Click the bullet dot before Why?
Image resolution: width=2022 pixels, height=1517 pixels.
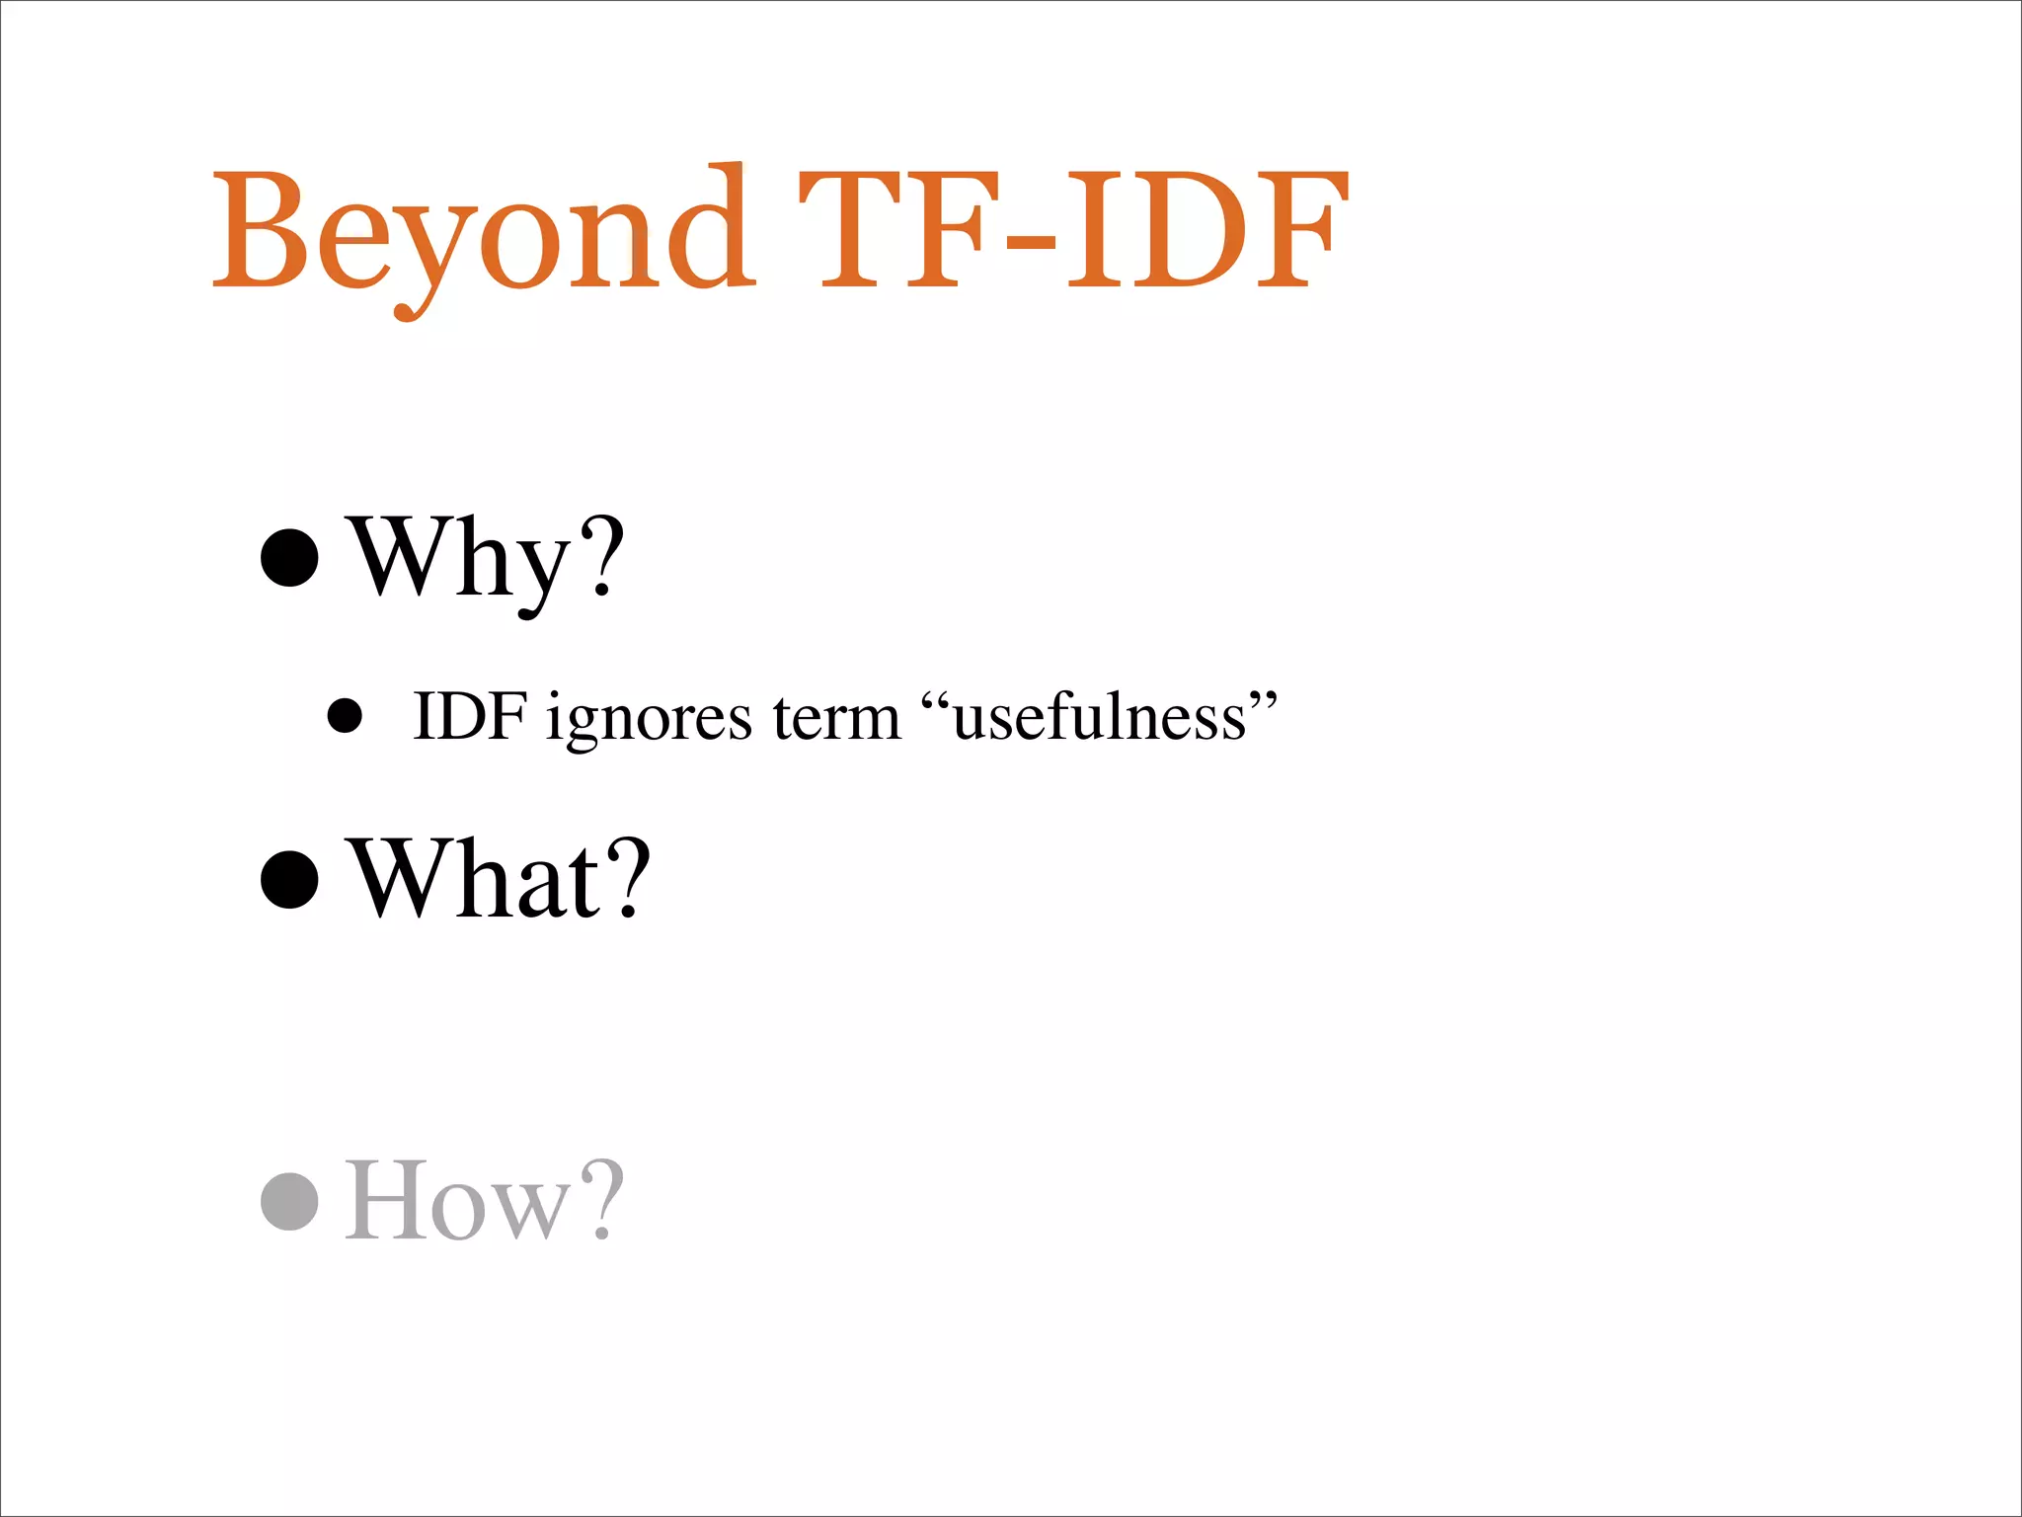coord(289,557)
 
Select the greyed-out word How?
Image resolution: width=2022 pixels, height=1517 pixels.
coord(484,1200)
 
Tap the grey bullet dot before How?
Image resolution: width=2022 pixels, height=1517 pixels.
coord(289,1201)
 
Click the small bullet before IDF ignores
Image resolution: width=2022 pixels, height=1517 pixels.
coord(345,716)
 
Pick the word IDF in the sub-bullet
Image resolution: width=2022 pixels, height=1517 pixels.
coord(470,715)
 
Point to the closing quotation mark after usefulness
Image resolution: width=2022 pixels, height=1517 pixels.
coord(1264,699)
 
